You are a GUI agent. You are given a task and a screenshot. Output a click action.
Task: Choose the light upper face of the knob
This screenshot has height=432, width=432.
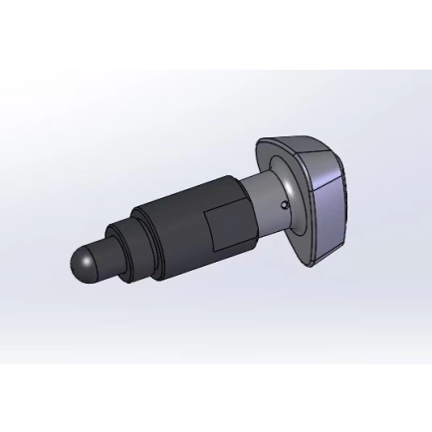pos(299,149)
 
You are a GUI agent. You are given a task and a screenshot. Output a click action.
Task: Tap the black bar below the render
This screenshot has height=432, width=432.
pos(216,398)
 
